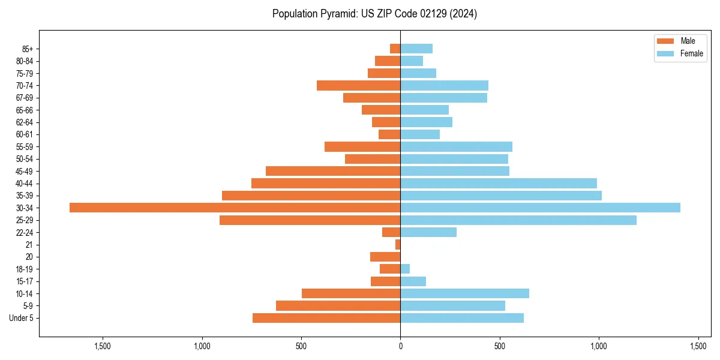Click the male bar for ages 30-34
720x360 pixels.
pyautogui.click(x=235, y=208)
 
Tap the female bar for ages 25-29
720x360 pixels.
pyautogui.click(x=518, y=220)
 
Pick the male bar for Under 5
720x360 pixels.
pyautogui.click(x=326, y=318)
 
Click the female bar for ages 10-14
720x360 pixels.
pyautogui.click(x=464, y=293)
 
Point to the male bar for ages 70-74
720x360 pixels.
pyautogui.click(x=358, y=85)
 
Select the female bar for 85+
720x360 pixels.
pyautogui.click(x=416, y=49)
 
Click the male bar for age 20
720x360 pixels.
pyautogui.click(x=385, y=257)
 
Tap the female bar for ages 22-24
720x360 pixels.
pyautogui.click(x=428, y=232)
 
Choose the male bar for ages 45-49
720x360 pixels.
pyautogui.click(x=333, y=171)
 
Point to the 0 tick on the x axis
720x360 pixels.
pyautogui.click(x=400, y=346)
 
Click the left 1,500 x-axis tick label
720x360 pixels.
pyautogui.click(x=103, y=346)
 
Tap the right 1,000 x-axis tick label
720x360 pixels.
pyautogui.click(x=599, y=346)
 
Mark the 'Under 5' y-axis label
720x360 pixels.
pyautogui.click(x=21, y=318)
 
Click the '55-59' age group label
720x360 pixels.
pyautogui.click(x=24, y=146)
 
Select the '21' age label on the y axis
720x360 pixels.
pyautogui.click(x=29, y=245)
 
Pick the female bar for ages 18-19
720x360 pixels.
pyautogui.click(x=405, y=269)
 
